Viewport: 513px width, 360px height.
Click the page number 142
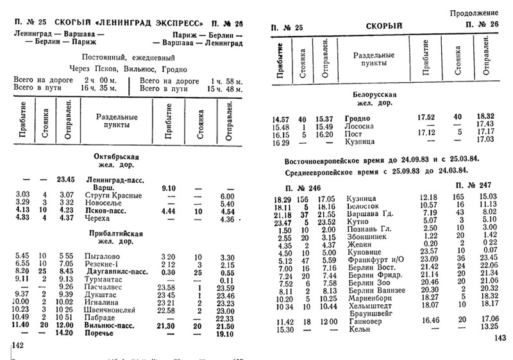click(18, 347)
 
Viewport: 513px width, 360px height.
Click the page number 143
click(498, 339)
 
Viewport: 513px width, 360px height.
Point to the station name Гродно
click(358, 119)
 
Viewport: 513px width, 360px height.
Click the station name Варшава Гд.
click(369, 212)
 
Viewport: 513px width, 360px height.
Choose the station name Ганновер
click(364, 321)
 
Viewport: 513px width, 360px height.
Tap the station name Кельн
click(357, 329)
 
